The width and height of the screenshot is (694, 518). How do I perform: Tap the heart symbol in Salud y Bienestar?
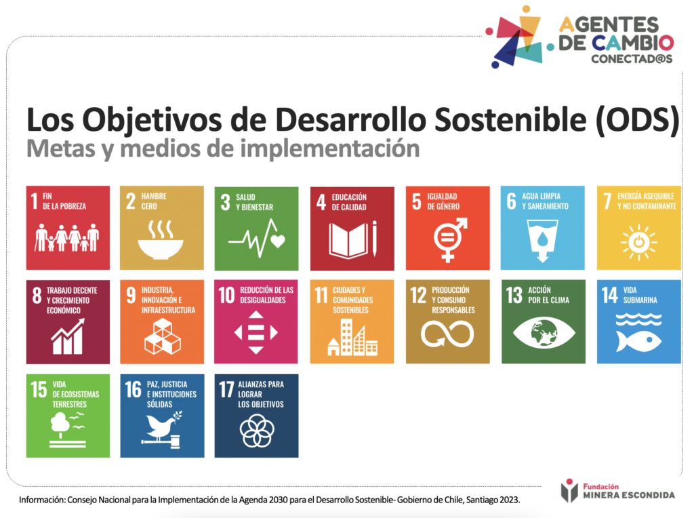click(x=278, y=241)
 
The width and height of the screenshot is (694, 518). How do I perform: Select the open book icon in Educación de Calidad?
click(x=348, y=241)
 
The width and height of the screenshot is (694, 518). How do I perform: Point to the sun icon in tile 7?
click(x=638, y=242)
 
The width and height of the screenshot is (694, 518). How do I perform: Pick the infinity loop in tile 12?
click(x=447, y=334)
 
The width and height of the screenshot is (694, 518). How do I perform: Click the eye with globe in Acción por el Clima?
click(x=544, y=332)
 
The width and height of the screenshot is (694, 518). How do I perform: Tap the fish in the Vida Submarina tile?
click(x=638, y=341)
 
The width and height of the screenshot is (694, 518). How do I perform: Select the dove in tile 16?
click(x=162, y=425)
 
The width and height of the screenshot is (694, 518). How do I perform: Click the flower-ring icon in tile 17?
click(x=257, y=431)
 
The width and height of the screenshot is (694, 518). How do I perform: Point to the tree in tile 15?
click(x=60, y=424)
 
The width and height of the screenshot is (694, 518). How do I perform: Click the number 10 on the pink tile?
click(x=226, y=296)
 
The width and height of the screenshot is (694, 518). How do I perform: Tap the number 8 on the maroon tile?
click(x=37, y=296)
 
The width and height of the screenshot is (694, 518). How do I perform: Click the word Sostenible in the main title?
click(x=510, y=119)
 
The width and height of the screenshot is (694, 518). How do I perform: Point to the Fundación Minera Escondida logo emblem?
click(x=569, y=491)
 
